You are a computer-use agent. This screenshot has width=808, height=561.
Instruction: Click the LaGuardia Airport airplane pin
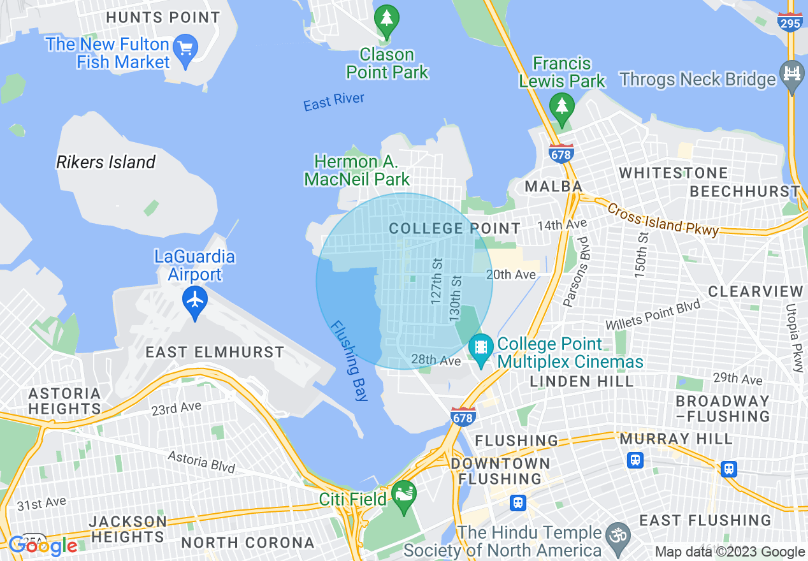195,298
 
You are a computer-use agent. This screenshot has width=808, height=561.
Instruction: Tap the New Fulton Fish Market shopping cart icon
185,48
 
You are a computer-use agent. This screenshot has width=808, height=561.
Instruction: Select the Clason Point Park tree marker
386,17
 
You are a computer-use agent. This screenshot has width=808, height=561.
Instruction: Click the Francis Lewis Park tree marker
561,105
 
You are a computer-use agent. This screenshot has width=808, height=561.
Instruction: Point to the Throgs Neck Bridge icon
792,72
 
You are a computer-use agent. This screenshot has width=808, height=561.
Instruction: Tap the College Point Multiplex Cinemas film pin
480,347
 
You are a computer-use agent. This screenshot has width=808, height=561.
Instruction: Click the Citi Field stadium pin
403,494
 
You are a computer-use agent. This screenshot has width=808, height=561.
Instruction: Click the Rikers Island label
106,163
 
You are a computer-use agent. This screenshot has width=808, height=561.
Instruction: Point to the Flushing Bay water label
349,360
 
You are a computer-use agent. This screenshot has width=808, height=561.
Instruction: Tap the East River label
334,101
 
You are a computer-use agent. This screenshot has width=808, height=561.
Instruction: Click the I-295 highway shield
790,22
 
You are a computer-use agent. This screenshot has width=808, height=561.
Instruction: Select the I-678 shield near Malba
561,153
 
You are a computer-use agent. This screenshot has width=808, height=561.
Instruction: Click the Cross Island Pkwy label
663,219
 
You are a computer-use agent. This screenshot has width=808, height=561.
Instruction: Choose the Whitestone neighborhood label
674,173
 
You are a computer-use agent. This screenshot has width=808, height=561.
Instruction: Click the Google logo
43,546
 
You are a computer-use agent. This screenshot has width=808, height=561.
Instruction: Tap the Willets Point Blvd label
653,316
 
